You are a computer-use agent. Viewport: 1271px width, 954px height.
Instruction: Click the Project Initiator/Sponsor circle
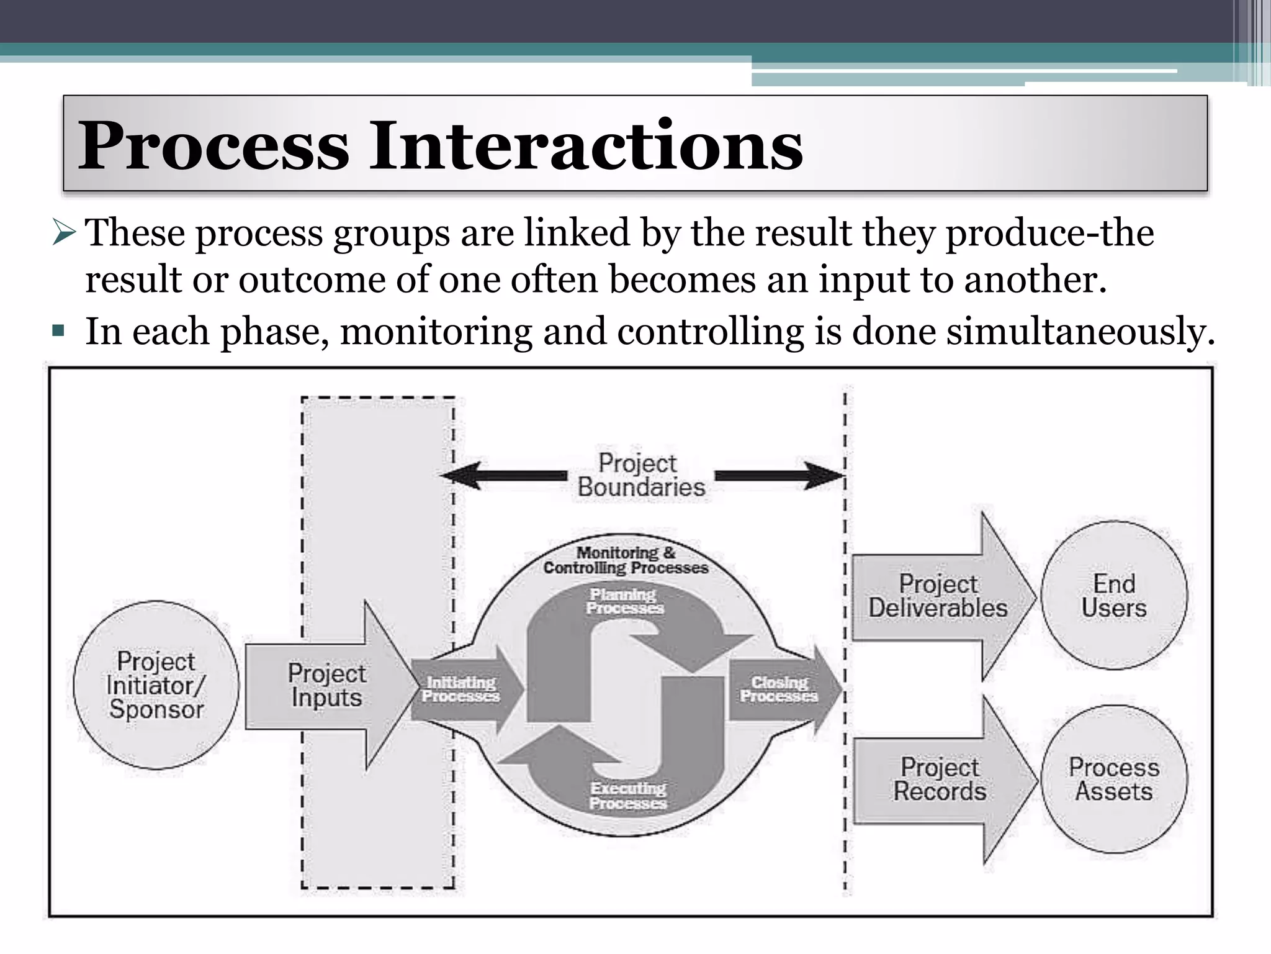[156, 685]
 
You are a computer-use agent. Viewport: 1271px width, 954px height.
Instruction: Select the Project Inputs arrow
[327, 685]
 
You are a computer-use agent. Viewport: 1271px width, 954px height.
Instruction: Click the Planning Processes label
[624, 601]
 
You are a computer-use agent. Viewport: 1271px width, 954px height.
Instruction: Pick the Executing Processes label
[628, 796]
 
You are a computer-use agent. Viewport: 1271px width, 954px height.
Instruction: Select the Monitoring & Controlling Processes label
[626, 560]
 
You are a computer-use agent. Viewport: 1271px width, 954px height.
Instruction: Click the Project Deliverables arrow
[938, 596]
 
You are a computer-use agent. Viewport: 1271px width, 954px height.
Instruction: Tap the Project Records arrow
[940, 779]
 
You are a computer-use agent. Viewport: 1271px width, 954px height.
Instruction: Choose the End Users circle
[1114, 596]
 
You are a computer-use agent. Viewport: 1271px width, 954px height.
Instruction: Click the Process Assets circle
[1114, 779]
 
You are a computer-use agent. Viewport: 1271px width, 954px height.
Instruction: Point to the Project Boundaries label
[640, 475]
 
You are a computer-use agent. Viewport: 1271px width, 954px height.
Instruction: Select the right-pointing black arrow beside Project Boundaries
[779, 476]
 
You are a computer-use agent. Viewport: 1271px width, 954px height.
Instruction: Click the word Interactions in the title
[586, 146]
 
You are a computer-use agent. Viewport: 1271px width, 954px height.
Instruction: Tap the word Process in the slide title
[213, 146]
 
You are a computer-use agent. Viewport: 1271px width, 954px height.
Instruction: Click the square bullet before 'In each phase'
[60, 330]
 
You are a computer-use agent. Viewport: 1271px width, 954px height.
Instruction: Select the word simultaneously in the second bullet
[1080, 331]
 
